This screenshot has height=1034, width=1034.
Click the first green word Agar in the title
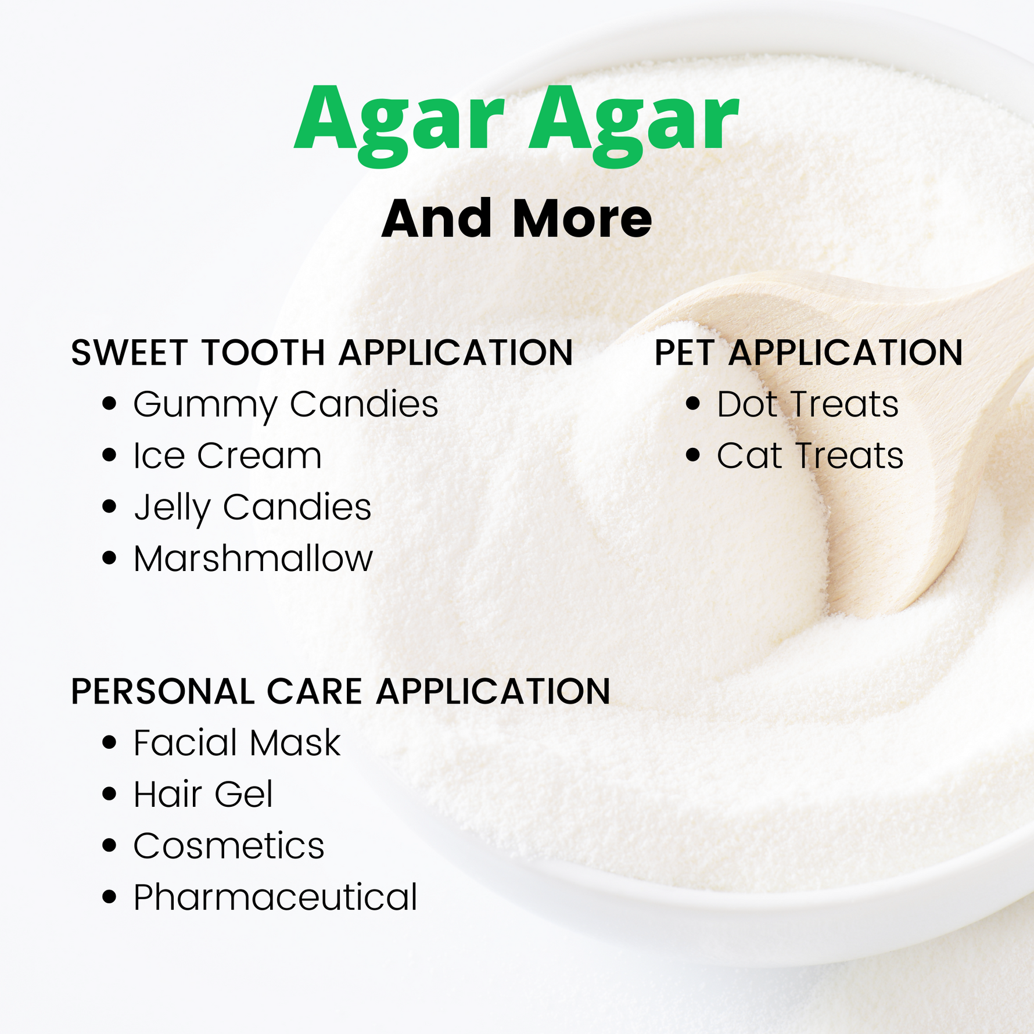[399, 124]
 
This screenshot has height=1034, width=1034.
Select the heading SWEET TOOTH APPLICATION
[322, 353]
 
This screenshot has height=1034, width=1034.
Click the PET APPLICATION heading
[809, 353]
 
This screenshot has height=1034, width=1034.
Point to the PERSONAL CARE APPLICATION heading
[340, 691]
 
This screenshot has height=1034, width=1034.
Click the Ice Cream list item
[227, 455]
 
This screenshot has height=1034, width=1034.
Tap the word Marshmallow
[253, 558]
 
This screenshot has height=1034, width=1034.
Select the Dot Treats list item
[807, 404]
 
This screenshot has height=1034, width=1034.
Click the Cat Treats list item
[810, 455]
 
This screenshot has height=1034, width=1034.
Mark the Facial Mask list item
[237, 742]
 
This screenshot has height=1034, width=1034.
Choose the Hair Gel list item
[203, 794]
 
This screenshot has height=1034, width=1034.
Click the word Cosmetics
[229, 846]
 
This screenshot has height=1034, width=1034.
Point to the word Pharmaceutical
[275, 897]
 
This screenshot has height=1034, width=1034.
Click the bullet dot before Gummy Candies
[109, 404]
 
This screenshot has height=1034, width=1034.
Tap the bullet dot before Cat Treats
[692, 455]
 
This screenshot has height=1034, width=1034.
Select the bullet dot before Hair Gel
[109, 794]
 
